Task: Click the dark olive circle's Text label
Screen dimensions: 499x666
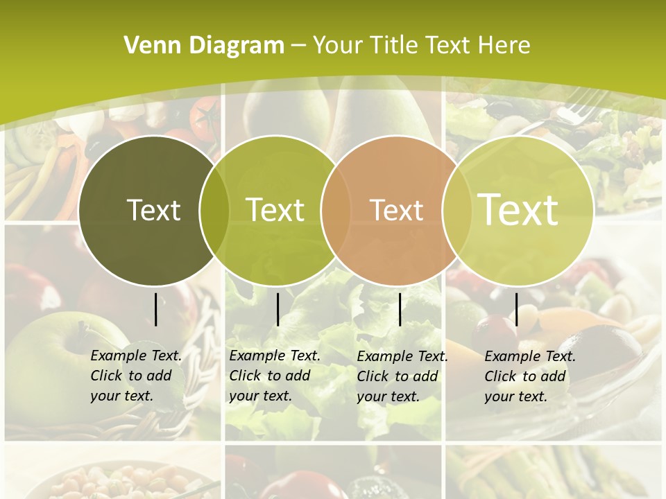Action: (x=153, y=210)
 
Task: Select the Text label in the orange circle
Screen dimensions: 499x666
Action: (x=396, y=210)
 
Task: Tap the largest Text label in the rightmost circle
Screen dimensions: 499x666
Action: (x=518, y=209)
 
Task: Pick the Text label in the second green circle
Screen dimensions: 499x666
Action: (x=275, y=210)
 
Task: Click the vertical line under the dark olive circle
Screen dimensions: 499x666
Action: (x=155, y=309)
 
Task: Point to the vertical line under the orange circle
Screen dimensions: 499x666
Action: (x=400, y=309)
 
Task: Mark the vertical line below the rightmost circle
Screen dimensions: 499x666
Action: (x=517, y=309)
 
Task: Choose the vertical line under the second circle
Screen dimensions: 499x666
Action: (x=277, y=309)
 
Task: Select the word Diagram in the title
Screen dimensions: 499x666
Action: (x=234, y=46)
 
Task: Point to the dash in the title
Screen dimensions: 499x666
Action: (x=298, y=46)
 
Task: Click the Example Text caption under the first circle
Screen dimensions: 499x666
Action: (x=135, y=376)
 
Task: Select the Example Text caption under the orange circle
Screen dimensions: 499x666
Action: (x=402, y=376)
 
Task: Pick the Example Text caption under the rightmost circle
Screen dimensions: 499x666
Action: (x=529, y=376)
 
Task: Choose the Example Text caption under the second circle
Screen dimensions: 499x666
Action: (x=274, y=376)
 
